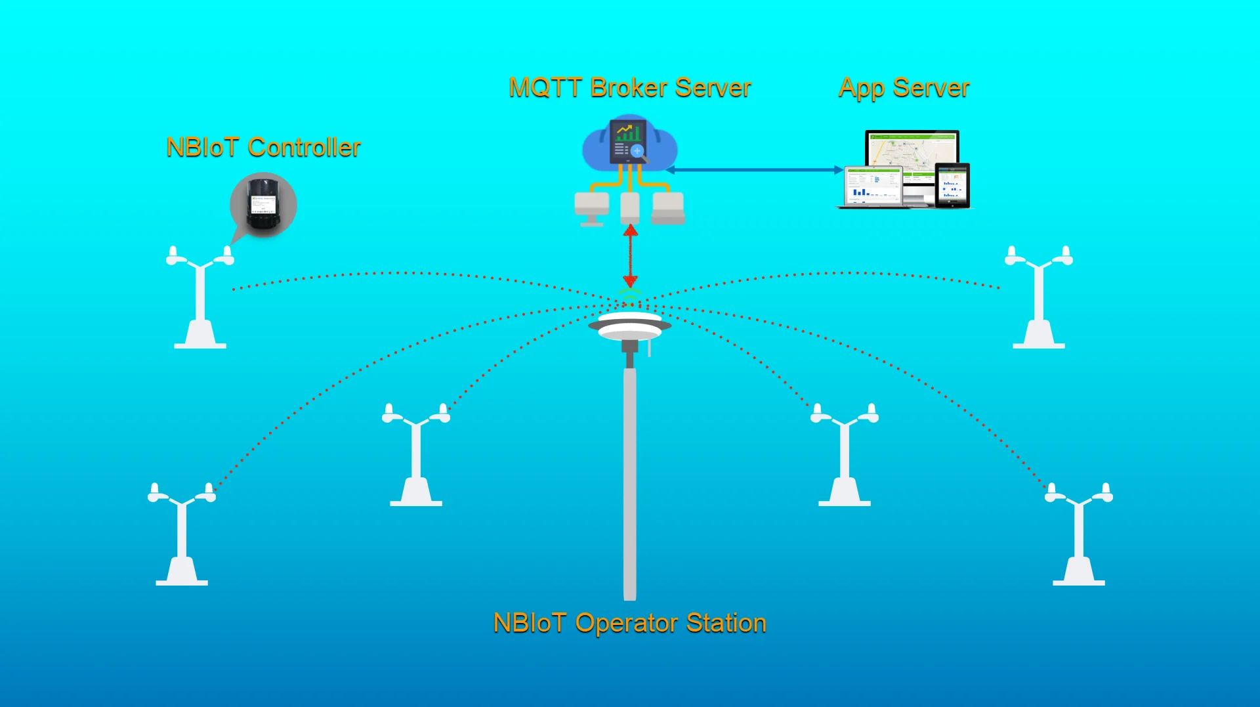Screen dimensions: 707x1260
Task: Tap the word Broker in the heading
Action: (629, 88)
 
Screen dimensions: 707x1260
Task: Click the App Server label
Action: (904, 88)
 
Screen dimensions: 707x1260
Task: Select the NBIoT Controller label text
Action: (263, 148)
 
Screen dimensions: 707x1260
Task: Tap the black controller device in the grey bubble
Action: (263, 205)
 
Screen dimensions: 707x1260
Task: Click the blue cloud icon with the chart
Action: (629, 144)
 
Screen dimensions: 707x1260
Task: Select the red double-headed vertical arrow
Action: (630, 256)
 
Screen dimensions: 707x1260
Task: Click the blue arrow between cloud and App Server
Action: (755, 170)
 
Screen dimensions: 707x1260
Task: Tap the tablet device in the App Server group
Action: (952, 185)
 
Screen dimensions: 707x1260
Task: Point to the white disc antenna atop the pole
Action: (629, 325)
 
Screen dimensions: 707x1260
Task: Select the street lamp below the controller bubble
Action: (200, 299)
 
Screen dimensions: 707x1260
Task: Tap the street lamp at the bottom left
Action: (182, 535)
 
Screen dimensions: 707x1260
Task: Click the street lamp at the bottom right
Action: (1078, 535)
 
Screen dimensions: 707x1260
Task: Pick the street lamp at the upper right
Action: (1038, 299)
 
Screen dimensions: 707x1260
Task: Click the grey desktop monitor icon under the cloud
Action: (591, 207)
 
